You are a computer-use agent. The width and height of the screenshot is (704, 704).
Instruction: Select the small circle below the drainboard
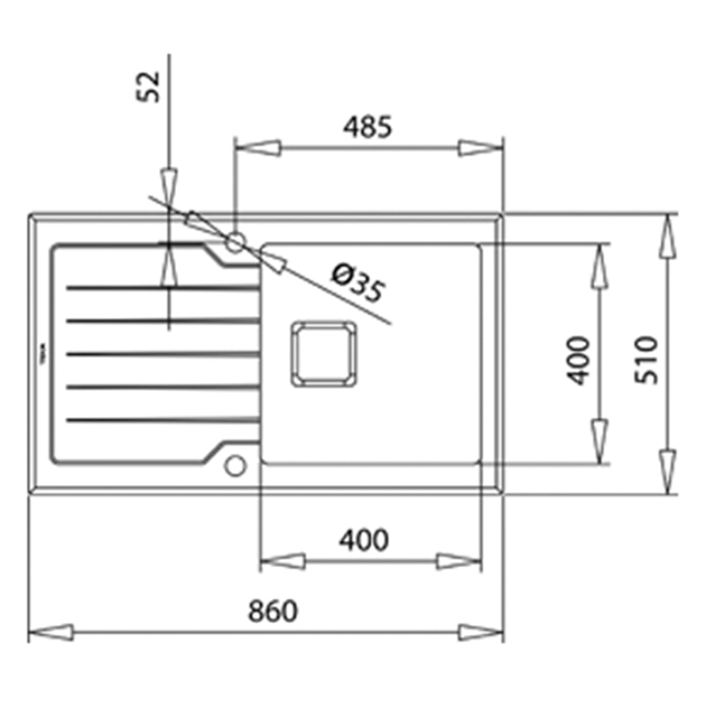pyautogui.click(x=235, y=465)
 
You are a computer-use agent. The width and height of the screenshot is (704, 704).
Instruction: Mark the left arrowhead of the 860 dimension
pyautogui.click(x=50, y=631)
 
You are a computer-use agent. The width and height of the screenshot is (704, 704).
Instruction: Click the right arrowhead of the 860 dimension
pyautogui.click(x=480, y=631)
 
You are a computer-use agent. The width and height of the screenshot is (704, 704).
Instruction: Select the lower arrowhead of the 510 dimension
pyautogui.click(x=668, y=471)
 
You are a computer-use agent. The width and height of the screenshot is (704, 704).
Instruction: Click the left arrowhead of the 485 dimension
pyautogui.click(x=258, y=147)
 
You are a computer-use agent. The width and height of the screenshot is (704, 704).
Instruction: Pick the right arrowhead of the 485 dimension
pyautogui.click(x=480, y=147)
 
